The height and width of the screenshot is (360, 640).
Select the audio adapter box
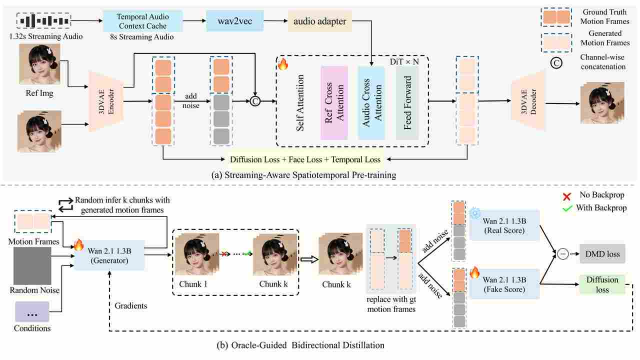click(319, 21)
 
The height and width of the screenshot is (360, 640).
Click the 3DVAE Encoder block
click(105, 101)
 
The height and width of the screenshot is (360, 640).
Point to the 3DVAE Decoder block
click(528, 102)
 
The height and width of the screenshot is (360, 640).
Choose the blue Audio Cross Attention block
click(371, 102)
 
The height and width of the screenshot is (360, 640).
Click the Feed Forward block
click(407, 102)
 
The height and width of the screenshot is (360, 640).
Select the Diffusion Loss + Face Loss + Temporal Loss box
click(305, 159)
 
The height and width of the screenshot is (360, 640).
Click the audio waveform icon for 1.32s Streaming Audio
click(44, 21)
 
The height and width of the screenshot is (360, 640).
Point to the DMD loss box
click(602, 254)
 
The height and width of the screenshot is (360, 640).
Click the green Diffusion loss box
click(602, 284)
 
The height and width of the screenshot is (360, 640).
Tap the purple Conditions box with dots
click(32, 311)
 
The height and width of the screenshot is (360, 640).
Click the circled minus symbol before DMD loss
click(563, 254)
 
